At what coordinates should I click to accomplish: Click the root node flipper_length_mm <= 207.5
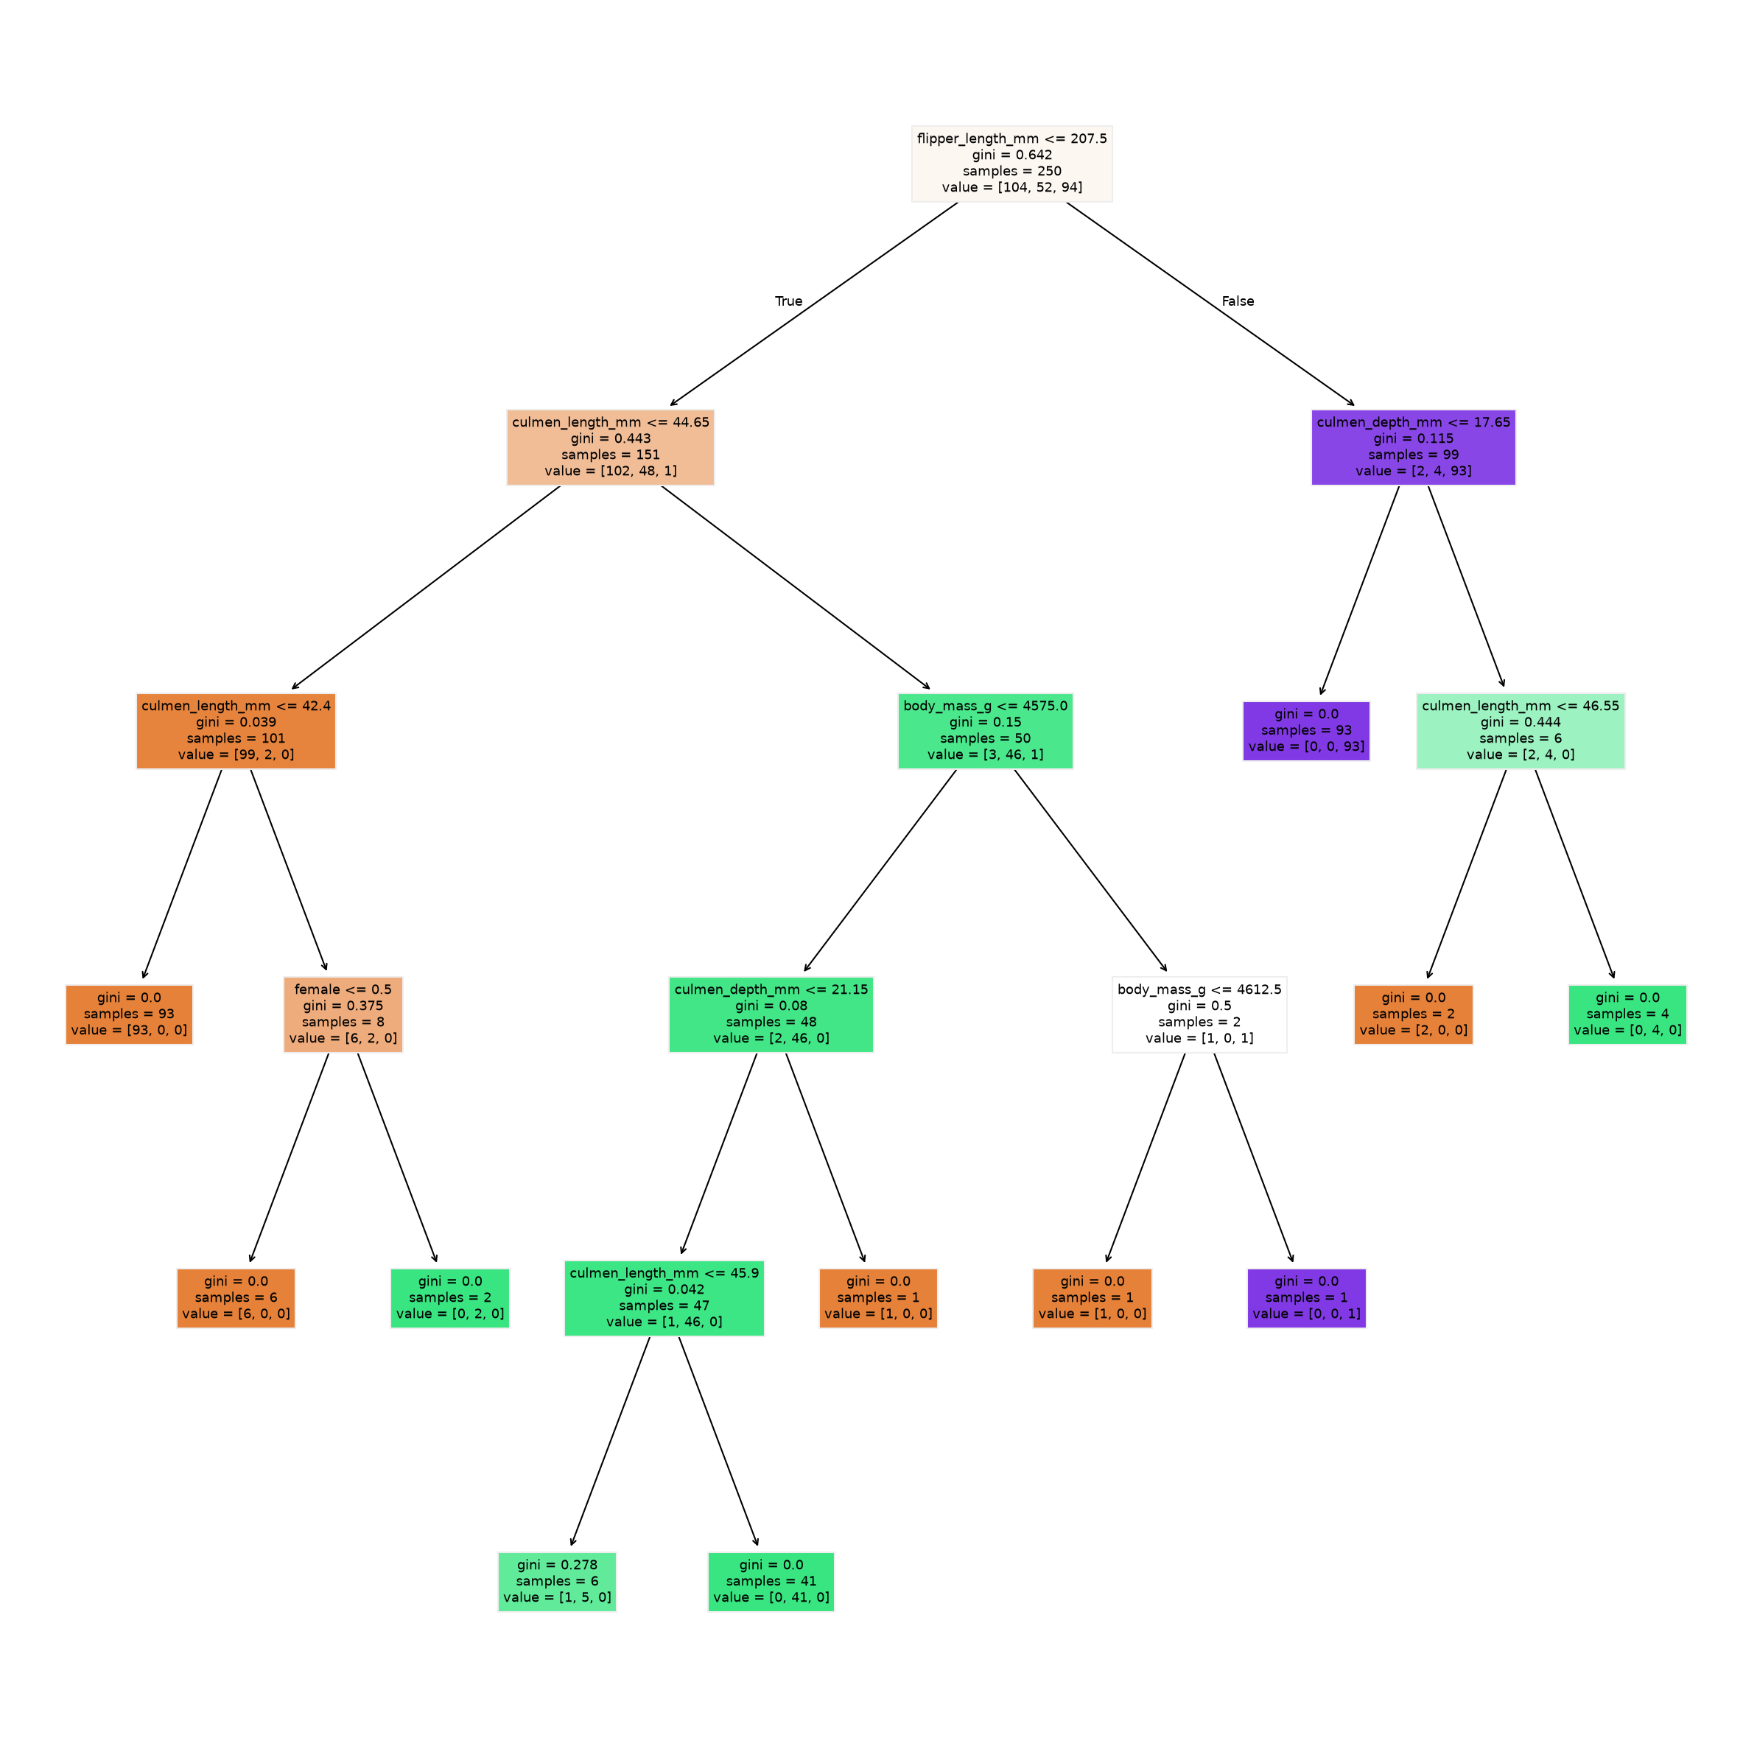pos(1011,164)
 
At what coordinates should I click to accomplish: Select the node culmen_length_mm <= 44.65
pos(610,447)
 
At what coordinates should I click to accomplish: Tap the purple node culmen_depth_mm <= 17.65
pos(1413,447)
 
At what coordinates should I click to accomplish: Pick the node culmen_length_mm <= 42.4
pos(236,731)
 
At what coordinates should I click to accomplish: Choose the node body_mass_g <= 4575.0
pos(985,731)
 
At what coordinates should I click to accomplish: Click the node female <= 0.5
pos(343,1015)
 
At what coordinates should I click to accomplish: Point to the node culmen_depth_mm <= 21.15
pos(771,1015)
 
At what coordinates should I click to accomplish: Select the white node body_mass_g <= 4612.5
pos(1199,1015)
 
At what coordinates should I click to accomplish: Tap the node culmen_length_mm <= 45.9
pos(664,1299)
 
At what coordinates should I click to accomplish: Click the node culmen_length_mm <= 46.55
pos(1521,731)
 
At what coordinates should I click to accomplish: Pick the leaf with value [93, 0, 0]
pos(129,1015)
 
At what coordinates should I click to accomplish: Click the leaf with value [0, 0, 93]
pos(1306,731)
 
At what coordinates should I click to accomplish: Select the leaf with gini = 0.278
pos(558,1582)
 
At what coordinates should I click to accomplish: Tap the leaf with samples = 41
pos(771,1582)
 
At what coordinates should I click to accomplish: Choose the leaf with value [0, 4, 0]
pos(1628,1015)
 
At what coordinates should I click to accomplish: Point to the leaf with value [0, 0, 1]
pos(1306,1299)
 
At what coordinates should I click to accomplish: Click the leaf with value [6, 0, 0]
pos(236,1299)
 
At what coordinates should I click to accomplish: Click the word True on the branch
pos(788,301)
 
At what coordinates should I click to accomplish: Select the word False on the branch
pos(1238,301)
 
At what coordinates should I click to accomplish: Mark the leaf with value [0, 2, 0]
pos(450,1299)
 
